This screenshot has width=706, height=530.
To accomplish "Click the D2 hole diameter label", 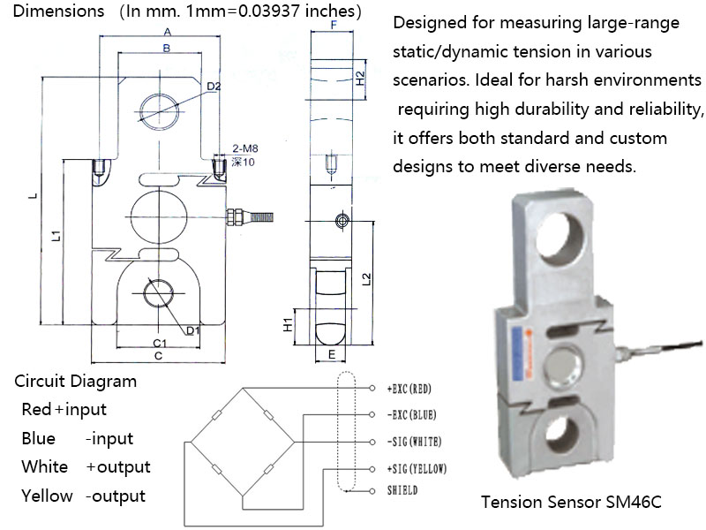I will [214, 86].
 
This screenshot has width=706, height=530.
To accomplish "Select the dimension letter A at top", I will [166, 32].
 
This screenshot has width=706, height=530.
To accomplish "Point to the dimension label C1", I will [161, 342].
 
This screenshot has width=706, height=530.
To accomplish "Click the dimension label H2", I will [359, 78].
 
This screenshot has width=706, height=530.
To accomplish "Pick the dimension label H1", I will [289, 323].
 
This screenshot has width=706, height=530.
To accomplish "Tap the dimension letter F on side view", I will [333, 26].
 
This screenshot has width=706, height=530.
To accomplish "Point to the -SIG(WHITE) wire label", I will [415, 440].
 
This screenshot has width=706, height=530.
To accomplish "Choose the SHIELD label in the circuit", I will [402, 490].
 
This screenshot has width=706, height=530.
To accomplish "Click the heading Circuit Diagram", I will [76, 382].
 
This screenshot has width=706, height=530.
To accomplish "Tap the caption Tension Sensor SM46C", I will [571, 502].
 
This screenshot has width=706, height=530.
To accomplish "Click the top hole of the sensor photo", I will [561, 237].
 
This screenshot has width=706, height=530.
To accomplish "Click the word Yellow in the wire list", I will [47, 496].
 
